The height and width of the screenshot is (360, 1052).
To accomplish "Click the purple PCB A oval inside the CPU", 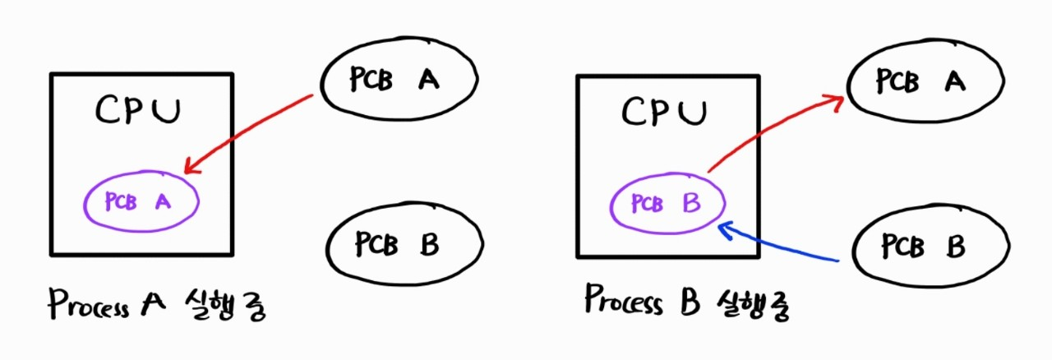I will (x=141, y=202).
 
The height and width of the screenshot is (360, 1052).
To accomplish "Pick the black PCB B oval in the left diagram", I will (x=403, y=244).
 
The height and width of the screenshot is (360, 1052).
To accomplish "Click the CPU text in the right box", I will (x=665, y=111).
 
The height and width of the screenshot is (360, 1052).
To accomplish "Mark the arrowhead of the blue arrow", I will (x=723, y=227).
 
